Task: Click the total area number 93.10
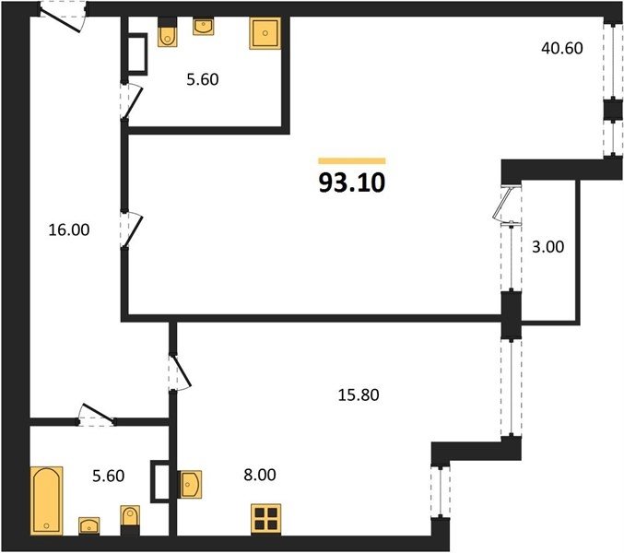(x=352, y=183)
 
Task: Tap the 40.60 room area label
(x=562, y=48)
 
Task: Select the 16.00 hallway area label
(x=69, y=229)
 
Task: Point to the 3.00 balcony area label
(x=548, y=247)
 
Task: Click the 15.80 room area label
(x=359, y=395)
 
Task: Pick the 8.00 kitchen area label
(x=260, y=475)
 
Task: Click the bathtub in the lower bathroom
(x=47, y=500)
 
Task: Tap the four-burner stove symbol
(x=265, y=519)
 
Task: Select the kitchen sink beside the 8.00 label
(x=191, y=484)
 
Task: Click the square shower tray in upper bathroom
(x=265, y=33)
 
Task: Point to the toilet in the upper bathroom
(x=167, y=32)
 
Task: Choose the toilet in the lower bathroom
(x=130, y=521)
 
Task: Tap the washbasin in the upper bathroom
(x=203, y=26)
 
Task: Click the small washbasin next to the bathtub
(x=89, y=525)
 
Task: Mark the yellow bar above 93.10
(x=352, y=160)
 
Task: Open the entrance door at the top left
(x=63, y=17)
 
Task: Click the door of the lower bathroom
(x=97, y=415)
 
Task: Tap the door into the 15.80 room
(x=180, y=371)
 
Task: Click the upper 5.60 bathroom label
(x=203, y=79)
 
